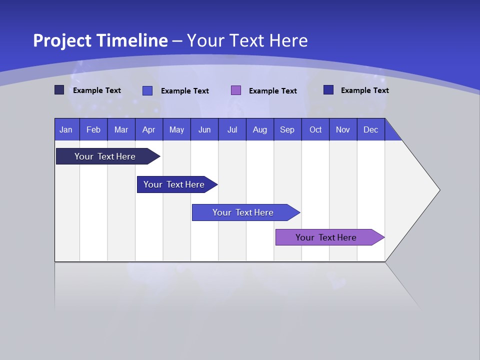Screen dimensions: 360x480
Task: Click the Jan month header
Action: [x=66, y=129]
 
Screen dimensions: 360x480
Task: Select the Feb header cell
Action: [x=93, y=129]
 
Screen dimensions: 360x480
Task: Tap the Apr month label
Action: [x=148, y=129]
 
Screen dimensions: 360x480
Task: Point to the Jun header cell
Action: [x=204, y=129]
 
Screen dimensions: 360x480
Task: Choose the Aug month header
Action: [x=259, y=129]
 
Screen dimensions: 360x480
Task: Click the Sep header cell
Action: [x=287, y=129]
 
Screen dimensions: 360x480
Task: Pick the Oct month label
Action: [x=315, y=129]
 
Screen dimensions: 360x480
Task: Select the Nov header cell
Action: [x=343, y=129]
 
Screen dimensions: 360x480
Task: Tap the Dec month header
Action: [x=371, y=129]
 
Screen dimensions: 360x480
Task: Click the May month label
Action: [x=176, y=129]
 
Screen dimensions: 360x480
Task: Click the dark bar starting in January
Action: [x=105, y=156]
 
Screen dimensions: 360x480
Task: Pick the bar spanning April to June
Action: [x=174, y=184]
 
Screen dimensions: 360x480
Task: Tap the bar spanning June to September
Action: [x=243, y=212]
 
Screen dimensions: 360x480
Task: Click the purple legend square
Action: [x=236, y=90]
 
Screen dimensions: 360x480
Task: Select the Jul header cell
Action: [x=232, y=129]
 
